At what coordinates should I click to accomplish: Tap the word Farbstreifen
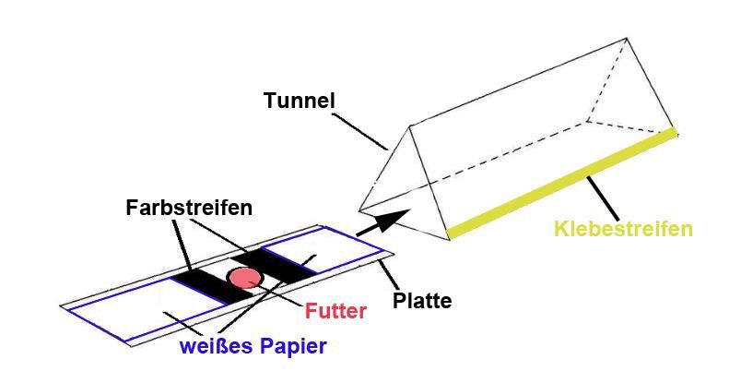click(x=189, y=207)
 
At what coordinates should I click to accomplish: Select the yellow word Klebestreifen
click(x=623, y=229)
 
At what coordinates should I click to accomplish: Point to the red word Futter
click(x=335, y=311)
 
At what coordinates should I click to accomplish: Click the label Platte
click(x=422, y=301)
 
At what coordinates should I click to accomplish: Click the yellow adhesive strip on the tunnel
click(x=562, y=180)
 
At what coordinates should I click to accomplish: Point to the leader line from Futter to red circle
click(x=282, y=293)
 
